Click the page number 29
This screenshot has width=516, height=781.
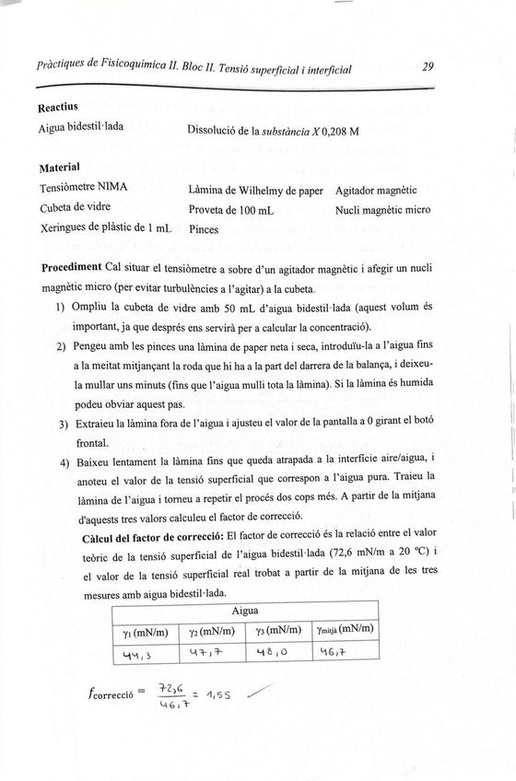(428, 66)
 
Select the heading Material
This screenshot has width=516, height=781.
(61, 169)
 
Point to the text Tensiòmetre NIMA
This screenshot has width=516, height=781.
(84, 188)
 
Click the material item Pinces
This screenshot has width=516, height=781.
(205, 228)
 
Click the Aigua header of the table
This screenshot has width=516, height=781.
(244, 611)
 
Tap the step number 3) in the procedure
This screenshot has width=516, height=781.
(64, 425)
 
